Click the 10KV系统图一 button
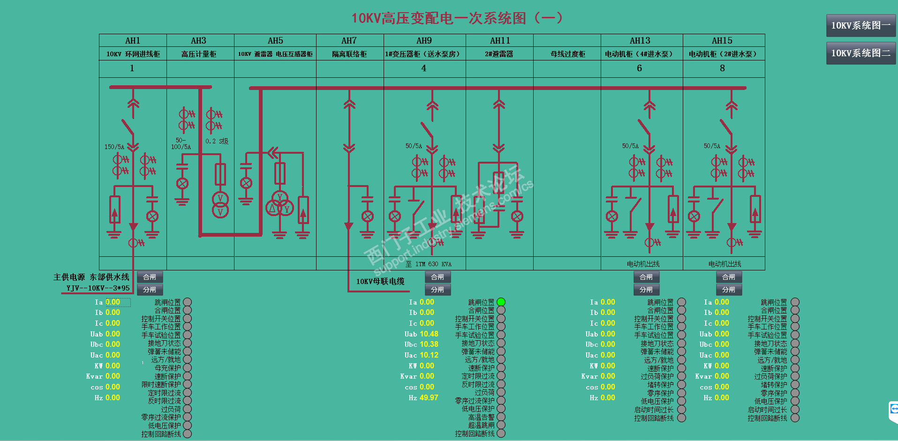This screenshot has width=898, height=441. pyautogui.click(x=860, y=25)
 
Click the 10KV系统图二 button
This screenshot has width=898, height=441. pyautogui.click(x=860, y=53)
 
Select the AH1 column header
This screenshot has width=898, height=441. pyautogui.click(x=133, y=41)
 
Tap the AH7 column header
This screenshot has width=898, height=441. pyautogui.click(x=349, y=41)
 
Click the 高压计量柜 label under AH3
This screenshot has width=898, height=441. pyautogui.click(x=199, y=54)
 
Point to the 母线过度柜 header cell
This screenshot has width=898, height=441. pyautogui.click(x=567, y=54)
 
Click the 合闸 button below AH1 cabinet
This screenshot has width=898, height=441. pyautogui.click(x=150, y=277)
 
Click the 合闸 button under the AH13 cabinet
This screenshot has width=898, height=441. pyautogui.click(x=646, y=277)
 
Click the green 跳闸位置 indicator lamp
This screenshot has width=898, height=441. pyautogui.click(x=501, y=302)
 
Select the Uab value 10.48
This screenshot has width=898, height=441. pyautogui.click(x=429, y=334)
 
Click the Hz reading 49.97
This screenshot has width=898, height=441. pyautogui.click(x=429, y=397)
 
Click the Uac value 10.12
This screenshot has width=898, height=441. pyautogui.click(x=429, y=355)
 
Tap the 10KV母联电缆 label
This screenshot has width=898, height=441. pyautogui.click(x=380, y=281)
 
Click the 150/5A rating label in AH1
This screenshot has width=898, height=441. pyautogui.click(x=114, y=147)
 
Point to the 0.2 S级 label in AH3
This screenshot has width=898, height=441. pyautogui.click(x=217, y=141)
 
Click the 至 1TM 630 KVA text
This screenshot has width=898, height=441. pyautogui.click(x=429, y=264)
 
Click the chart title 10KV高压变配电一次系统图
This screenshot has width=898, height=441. pyautogui.click(x=457, y=18)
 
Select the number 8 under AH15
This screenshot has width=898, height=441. pyautogui.click(x=722, y=68)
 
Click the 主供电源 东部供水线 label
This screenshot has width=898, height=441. pyautogui.click(x=91, y=277)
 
